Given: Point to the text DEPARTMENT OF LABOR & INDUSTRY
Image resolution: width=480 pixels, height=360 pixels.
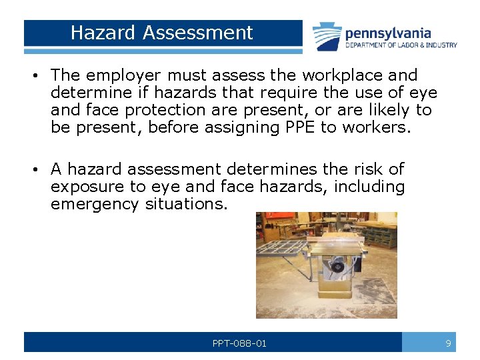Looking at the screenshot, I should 401,45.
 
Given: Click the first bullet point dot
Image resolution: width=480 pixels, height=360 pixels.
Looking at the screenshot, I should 33,76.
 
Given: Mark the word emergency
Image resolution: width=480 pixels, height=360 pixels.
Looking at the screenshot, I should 95,204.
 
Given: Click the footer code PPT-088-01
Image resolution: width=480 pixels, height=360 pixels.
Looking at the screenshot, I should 239,343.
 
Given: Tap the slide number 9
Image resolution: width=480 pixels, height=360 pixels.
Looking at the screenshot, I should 449,343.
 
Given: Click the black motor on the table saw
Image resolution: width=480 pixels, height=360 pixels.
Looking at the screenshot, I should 337,266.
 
